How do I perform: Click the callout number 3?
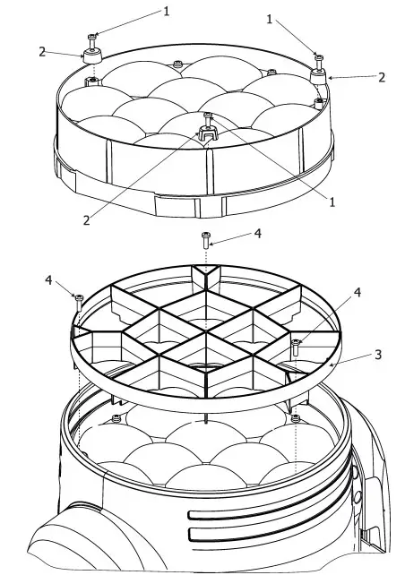pos(377,354)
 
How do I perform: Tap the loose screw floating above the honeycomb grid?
pos(206,239)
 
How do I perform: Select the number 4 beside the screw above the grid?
pos(258,233)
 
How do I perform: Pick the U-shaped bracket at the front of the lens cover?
pos(208,134)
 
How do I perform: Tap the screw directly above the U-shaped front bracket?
pos(208,116)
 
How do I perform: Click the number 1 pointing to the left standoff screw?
pos(166,11)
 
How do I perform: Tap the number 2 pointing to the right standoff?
pos(382,77)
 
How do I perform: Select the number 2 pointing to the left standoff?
pos(42,52)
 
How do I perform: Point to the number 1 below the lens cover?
pos(332,202)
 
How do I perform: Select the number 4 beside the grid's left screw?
pos(48,280)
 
